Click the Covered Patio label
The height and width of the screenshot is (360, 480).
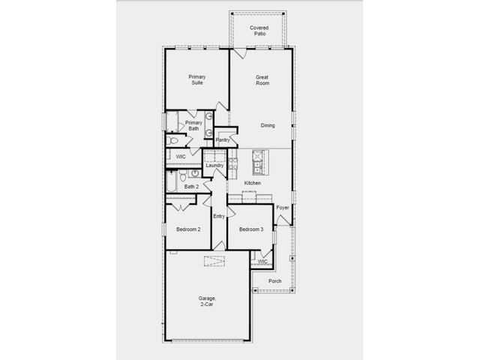coord(259,31)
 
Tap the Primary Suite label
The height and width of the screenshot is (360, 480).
coord(197,79)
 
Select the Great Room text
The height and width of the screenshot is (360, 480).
coord(262,80)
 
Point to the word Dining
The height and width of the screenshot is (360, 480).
coord(268,125)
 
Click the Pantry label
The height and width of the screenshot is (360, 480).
coord(223,140)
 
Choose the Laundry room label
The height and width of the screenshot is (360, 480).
coord(214,165)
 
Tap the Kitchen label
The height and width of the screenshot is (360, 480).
coord(253,183)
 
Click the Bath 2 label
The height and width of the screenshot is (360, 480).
coord(192,187)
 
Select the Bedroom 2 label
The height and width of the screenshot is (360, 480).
coord(188,229)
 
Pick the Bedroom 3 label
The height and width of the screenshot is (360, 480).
coord(251,229)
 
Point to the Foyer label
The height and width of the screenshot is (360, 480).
coord(283,208)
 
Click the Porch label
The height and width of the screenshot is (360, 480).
coord(275,281)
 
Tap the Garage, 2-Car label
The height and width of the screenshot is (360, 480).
coord(207,301)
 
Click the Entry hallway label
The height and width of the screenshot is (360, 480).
coord(219,217)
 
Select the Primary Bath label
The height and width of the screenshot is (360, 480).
coord(193,125)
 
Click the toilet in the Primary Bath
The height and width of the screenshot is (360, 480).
coord(172,141)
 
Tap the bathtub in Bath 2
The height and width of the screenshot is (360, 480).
coord(172,181)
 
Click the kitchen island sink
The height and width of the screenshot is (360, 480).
coord(256,167)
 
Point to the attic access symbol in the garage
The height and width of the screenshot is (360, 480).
coord(214,261)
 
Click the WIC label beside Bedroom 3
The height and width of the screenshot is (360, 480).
coord(262,262)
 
